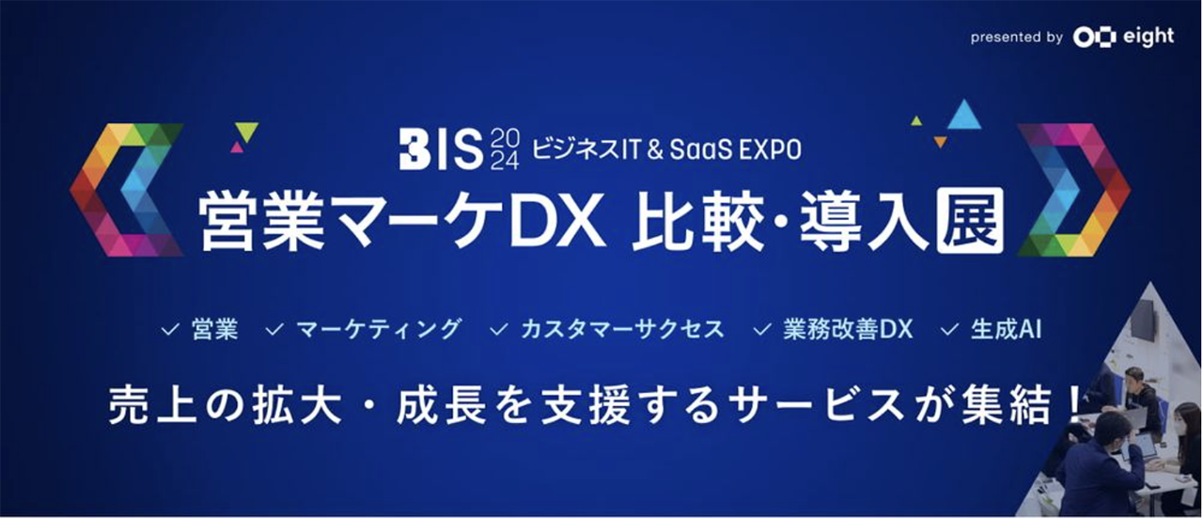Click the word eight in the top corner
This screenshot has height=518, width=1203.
click(x=1148, y=37)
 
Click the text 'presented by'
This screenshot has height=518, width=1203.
click(x=1016, y=38)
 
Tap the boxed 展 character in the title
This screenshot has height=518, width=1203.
click(x=969, y=222)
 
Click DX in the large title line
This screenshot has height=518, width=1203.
click(x=573, y=223)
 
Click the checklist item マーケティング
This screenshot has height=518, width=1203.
click(x=378, y=329)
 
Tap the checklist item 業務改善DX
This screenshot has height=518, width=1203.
click(x=847, y=329)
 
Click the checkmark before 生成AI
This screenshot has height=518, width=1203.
click(x=950, y=330)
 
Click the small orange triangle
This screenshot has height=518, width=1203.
click(x=940, y=142)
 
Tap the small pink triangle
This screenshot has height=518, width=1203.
click(x=237, y=147)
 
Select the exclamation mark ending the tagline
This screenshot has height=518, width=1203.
click(x=1073, y=401)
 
